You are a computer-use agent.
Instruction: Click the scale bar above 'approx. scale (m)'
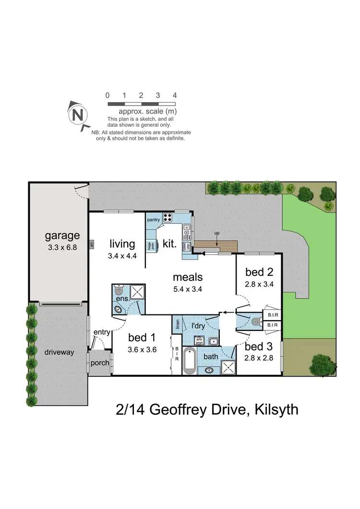point(141,104)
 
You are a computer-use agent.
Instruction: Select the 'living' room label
point(122,243)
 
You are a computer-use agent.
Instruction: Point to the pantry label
point(154,219)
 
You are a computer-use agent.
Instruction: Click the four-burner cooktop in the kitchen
point(168,218)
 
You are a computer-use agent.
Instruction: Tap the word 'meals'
point(188,277)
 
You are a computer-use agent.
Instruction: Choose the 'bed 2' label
point(259,272)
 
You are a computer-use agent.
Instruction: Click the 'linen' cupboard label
point(178,325)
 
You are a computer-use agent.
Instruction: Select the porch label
point(100,363)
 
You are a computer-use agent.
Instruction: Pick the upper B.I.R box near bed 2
point(271,315)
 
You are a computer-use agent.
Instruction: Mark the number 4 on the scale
point(175,95)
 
